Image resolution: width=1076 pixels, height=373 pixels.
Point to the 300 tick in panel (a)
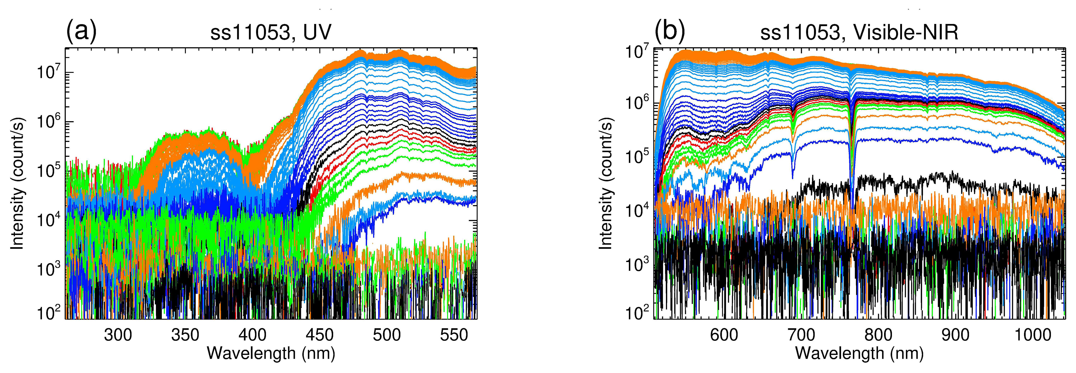(118, 335)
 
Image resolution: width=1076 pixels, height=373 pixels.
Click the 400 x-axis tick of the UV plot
(253, 335)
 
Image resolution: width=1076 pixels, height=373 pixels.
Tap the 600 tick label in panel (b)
(724, 335)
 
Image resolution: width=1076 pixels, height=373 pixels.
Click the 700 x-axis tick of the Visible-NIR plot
(801, 335)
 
